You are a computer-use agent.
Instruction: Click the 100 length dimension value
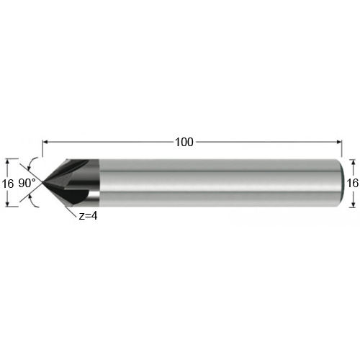pyautogui.click(x=184, y=142)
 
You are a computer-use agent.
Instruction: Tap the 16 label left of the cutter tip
pyautogui.click(x=8, y=184)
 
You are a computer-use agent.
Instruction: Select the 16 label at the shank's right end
pyautogui.click(x=353, y=183)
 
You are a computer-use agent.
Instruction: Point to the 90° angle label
pyautogui.click(x=27, y=184)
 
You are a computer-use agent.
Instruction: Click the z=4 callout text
pyautogui.click(x=89, y=216)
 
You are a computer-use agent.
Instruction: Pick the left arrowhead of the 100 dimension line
pyautogui.click(x=45, y=142)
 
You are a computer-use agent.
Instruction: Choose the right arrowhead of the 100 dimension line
pyautogui.click(x=339, y=142)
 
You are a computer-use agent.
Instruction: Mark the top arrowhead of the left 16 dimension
pyautogui.click(x=8, y=162)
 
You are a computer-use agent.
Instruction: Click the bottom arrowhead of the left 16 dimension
pyautogui.click(x=8, y=204)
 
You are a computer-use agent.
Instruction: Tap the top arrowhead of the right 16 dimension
pyautogui.click(x=353, y=162)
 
